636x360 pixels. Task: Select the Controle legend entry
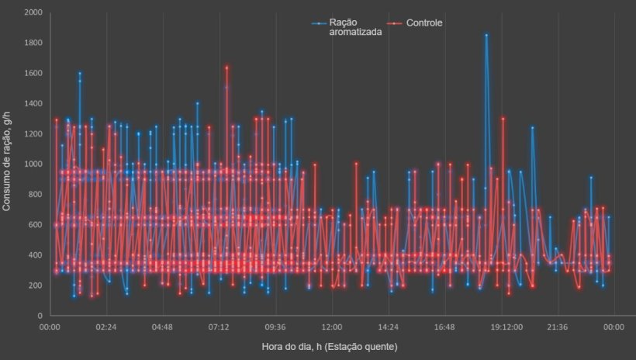(x=423, y=23)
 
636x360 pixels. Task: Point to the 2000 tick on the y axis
(x=33, y=13)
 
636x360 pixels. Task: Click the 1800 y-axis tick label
(x=33, y=43)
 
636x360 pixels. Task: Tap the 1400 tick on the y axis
(x=33, y=104)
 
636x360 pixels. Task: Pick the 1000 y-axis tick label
(x=33, y=164)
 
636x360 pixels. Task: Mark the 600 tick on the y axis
(x=36, y=225)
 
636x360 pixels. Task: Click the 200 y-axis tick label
(x=36, y=286)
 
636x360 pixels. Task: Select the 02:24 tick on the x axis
(x=106, y=327)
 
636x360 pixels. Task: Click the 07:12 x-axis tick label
(x=219, y=327)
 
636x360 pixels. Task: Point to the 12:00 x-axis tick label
(x=332, y=327)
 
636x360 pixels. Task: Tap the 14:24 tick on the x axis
(x=389, y=327)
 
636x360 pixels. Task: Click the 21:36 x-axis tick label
(x=558, y=327)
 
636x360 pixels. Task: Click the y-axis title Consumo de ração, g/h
(x=8, y=164)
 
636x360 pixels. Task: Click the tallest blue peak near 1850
(x=486, y=35)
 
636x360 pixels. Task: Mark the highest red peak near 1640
(x=226, y=67)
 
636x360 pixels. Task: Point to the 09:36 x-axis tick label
(x=275, y=327)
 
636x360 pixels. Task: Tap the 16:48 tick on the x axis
(x=445, y=327)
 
